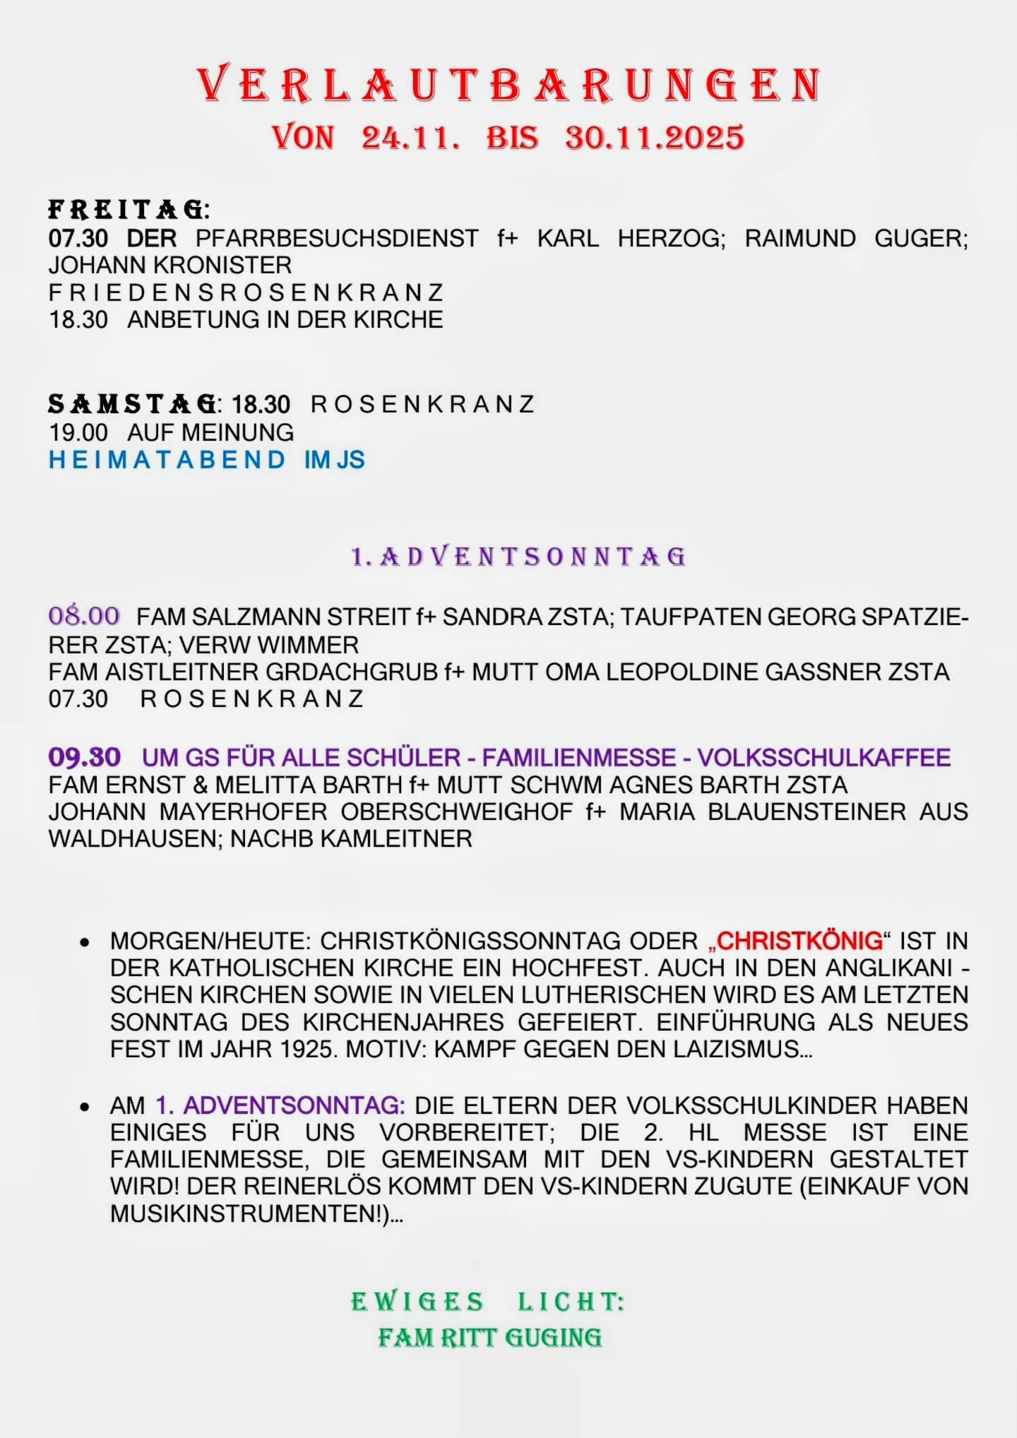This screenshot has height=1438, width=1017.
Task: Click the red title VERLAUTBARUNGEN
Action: point(509,85)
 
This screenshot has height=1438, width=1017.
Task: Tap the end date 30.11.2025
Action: point(654,137)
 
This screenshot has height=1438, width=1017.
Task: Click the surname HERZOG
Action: point(671,238)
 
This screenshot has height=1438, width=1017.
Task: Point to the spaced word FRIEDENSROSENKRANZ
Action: point(246,292)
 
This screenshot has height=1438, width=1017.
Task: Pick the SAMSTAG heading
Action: point(132,404)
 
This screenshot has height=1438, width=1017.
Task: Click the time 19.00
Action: point(78,432)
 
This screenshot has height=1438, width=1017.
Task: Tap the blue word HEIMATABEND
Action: point(167,460)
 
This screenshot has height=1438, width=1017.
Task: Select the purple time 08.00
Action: point(84,616)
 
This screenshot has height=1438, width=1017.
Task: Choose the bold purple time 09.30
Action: point(84,757)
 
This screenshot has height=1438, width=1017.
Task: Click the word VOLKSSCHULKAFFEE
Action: point(823,758)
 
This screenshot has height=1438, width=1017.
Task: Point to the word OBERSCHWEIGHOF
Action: point(456,812)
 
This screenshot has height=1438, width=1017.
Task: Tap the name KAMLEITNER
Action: point(396,839)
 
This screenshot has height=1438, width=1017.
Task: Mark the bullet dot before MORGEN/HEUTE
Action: point(85,942)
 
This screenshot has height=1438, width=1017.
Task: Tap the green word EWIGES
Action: point(417,1301)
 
